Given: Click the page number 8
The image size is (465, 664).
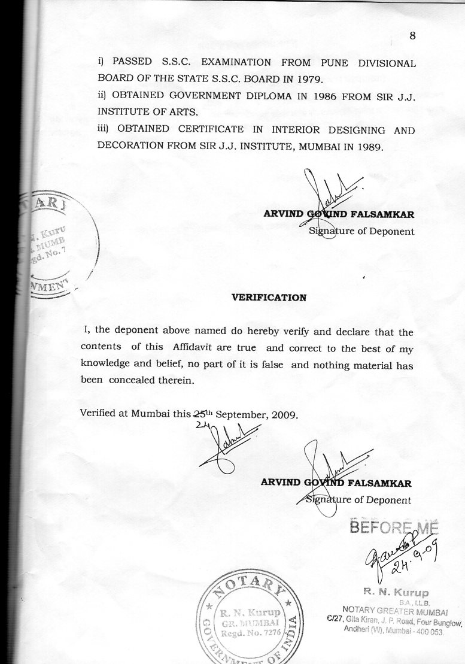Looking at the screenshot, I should [x=412, y=36].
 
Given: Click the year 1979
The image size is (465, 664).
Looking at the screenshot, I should [x=309, y=78].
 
